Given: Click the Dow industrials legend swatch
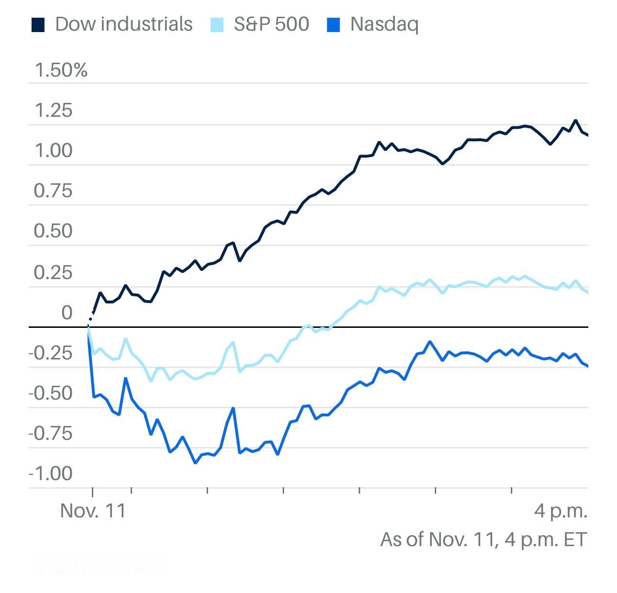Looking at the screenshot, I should point(38,24).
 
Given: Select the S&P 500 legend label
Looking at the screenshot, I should point(271,24).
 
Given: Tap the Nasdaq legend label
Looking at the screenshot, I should point(384,24).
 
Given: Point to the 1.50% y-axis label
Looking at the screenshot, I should point(61,70).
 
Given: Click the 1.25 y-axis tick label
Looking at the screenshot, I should point(54,111).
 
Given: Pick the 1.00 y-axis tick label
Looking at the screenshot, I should point(54,151).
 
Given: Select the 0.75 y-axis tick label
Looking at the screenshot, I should point(54,191).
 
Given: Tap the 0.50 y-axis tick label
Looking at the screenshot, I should point(54,231).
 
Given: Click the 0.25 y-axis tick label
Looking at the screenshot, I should point(54,272).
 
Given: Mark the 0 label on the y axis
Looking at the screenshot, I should point(67,313).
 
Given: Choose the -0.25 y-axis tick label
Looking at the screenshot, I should point(51,353).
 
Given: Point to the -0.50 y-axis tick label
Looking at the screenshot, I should point(51,393).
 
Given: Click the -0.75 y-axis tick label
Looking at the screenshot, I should point(51,434).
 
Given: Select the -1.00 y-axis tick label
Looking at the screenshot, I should point(51,474).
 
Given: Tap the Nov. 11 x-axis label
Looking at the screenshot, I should point(93,511).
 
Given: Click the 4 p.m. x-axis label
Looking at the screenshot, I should point(561,511).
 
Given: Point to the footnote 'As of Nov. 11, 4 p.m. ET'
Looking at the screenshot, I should point(483,539).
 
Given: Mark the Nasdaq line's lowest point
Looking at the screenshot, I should point(195,463).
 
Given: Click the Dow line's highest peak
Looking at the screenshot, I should point(575,121).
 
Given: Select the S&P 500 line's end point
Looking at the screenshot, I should point(587,292).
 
